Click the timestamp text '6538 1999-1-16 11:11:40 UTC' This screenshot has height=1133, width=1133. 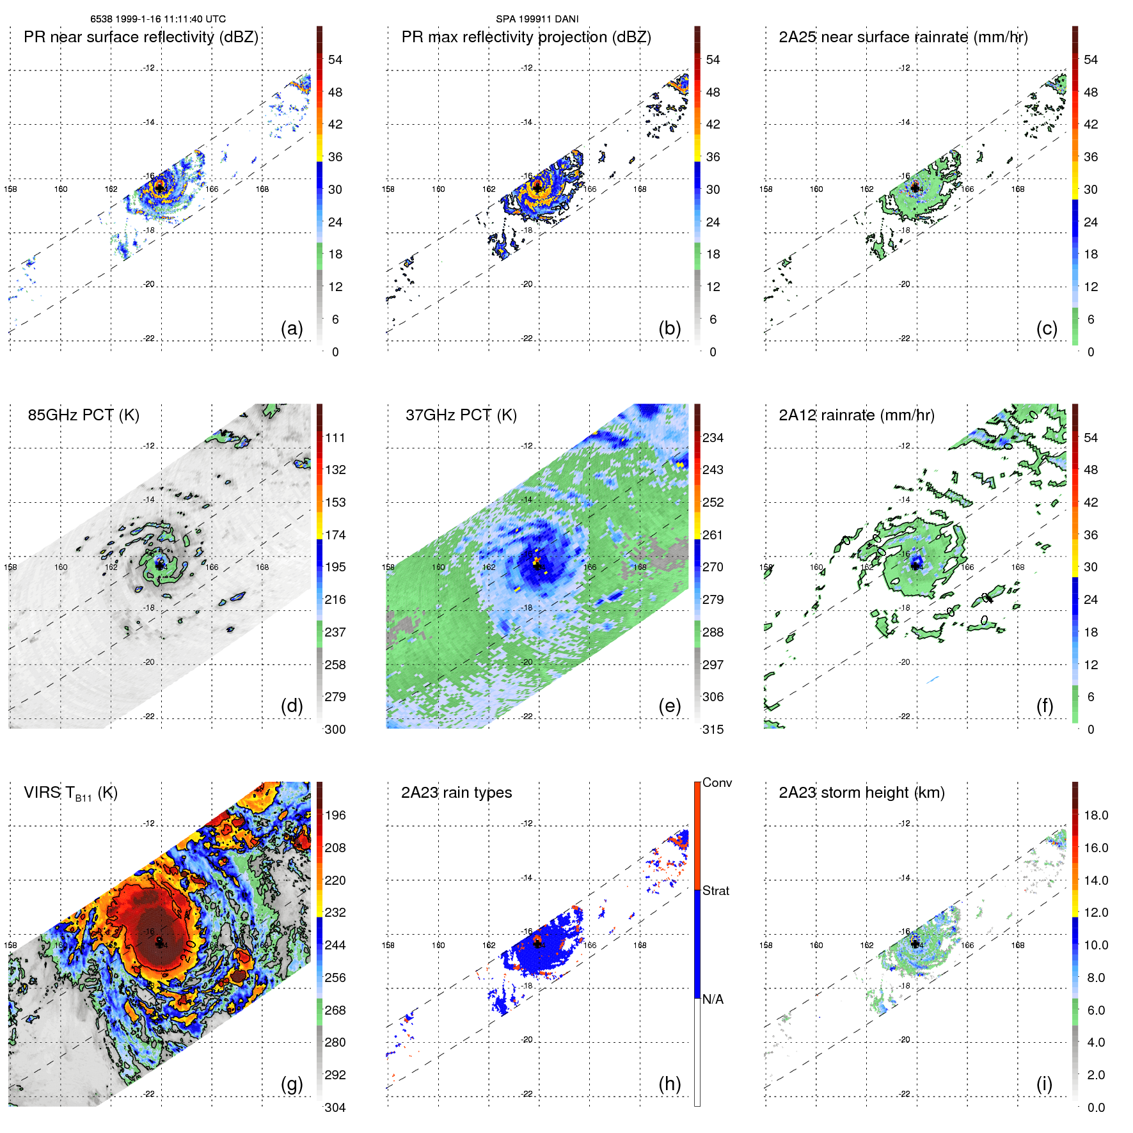pyautogui.click(x=157, y=19)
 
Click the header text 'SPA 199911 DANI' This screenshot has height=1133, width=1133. pyautogui.click(x=537, y=19)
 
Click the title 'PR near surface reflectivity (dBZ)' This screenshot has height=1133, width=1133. pyautogui.click(x=141, y=37)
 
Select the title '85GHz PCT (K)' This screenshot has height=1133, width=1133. pyautogui.click(x=83, y=415)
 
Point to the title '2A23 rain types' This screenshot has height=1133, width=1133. pyautogui.click(x=456, y=793)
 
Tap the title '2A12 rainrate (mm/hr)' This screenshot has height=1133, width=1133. pyautogui.click(x=856, y=415)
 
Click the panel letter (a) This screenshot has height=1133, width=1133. pyautogui.click(x=292, y=328)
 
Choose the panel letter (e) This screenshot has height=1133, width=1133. pyautogui.click(x=669, y=706)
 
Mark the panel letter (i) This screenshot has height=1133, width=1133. pyautogui.click(x=1044, y=1084)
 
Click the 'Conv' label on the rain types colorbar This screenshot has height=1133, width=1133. pyautogui.click(x=717, y=782)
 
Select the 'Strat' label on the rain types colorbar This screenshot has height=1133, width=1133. pyautogui.click(x=715, y=891)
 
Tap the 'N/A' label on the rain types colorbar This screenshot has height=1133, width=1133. pyautogui.click(x=713, y=999)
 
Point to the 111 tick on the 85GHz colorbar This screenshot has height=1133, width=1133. pyautogui.click(x=335, y=438)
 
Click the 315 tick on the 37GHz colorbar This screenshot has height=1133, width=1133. pyautogui.click(x=713, y=729)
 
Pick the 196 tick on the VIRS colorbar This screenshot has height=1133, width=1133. pyautogui.click(x=335, y=815)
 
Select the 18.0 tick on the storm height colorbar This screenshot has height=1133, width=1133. pyautogui.click(x=1096, y=815)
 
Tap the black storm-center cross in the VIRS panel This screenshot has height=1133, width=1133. pyautogui.click(x=159, y=943)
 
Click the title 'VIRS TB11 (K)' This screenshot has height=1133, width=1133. pyautogui.click(x=70, y=793)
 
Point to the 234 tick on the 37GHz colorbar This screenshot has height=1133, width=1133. pyautogui.click(x=713, y=438)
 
